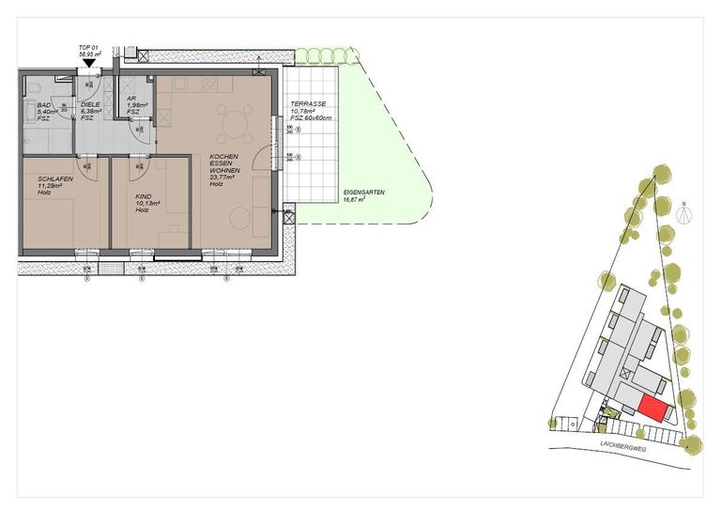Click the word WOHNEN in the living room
coord(225,170)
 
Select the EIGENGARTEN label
coord(364,193)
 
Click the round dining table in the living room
coord(232,120)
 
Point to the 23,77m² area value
coord(225,178)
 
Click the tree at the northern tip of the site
coord(662,174)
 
